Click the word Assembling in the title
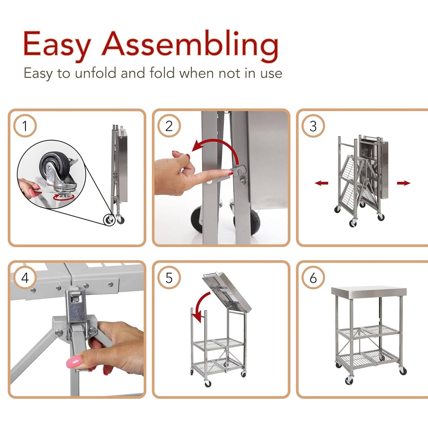click(x=190, y=44)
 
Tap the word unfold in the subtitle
click(x=95, y=73)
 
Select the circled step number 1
click(x=25, y=126)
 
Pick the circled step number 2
click(x=169, y=126)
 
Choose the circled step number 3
click(x=313, y=126)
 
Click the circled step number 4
click(x=25, y=278)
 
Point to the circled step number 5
click(x=169, y=278)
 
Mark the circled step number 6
click(x=313, y=278)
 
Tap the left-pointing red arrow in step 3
click(x=321, y=183)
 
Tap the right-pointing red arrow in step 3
click(x=403, y=183)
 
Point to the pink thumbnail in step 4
click(x=73, y=362)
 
